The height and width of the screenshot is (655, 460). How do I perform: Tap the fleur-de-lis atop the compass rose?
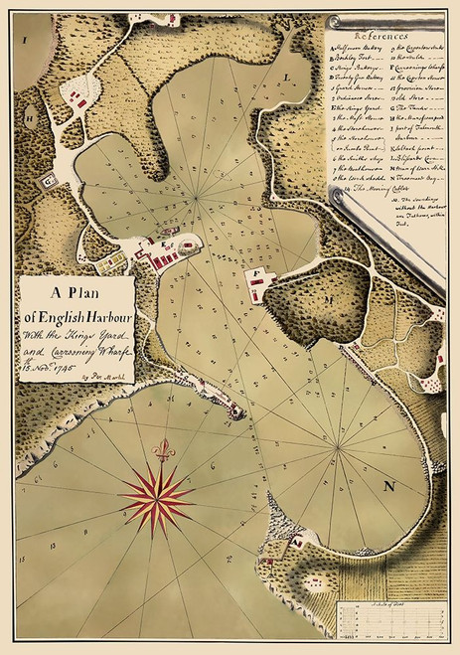point(163,451)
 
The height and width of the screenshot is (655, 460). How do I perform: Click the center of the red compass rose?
point(157,493)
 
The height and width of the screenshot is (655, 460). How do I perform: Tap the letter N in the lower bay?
point(390,485)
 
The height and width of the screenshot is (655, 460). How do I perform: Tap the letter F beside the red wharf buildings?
point(257,269)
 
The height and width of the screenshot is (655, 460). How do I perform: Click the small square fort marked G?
point(46,179)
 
